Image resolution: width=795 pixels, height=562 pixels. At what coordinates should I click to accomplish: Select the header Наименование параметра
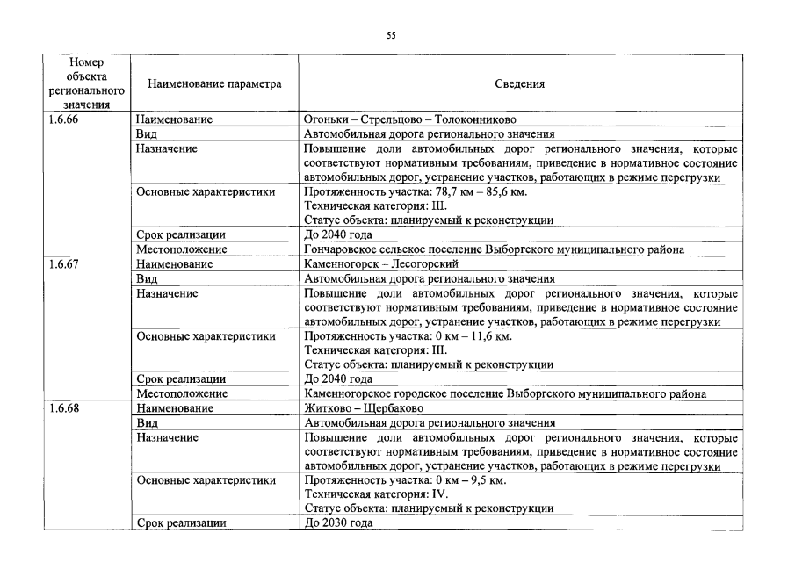(x=214, y=84)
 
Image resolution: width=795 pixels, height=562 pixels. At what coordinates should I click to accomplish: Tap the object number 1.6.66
(x=64, y=119)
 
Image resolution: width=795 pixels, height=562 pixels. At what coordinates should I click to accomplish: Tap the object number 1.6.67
(x=64, y=263)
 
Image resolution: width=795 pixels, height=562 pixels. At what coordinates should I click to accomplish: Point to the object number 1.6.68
(x=64, y=408)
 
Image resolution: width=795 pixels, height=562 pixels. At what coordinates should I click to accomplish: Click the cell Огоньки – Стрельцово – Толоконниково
(x=409, y=119)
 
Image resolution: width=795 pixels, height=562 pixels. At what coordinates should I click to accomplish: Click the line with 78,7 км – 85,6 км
(x=415, y=191)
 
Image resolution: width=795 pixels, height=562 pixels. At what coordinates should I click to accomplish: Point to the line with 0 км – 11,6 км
(x=408, y=335)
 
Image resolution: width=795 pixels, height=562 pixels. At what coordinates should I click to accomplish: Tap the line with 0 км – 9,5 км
(x=404, y=480)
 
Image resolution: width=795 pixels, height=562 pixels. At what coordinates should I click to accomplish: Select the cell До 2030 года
(x=338, y=523)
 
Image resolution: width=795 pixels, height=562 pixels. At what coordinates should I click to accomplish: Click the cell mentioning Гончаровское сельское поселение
(x=494, y=249)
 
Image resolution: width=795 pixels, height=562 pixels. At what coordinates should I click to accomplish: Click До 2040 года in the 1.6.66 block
(x=338, y=234)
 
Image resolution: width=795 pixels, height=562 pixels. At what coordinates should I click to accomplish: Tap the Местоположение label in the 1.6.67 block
(x=182, y=394)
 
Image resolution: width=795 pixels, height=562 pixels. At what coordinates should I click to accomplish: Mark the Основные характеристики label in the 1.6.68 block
(x=206, y=480)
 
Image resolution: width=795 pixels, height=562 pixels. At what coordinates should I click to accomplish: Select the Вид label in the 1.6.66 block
(x=146, y=134)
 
